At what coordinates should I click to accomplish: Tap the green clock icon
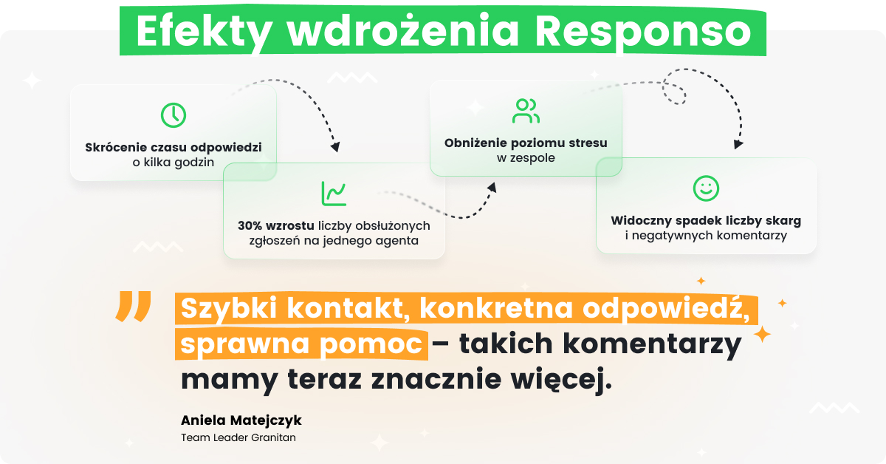174,115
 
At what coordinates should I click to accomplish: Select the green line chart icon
334,194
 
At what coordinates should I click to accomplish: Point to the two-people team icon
526,111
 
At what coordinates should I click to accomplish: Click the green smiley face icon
706,188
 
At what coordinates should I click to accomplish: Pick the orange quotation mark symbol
134,307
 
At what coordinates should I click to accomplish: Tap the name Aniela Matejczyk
241,420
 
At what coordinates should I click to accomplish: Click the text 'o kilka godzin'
174,162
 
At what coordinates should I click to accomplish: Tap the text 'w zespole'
525,157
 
